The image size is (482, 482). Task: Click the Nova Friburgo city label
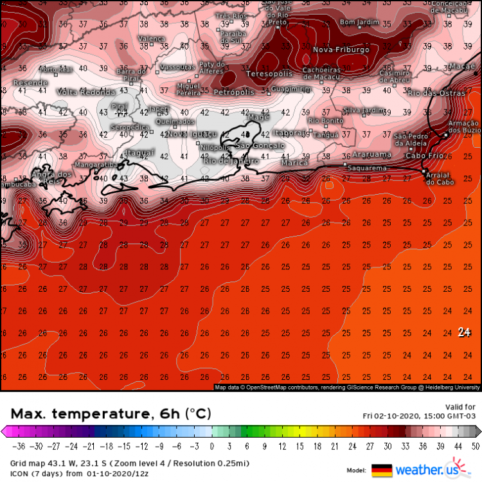point(341,49)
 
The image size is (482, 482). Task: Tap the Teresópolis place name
point(269,74)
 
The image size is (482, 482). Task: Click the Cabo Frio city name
point(424,155)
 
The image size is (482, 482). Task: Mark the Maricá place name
point(295,163)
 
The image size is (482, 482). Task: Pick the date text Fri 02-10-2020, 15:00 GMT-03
point(419,416)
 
